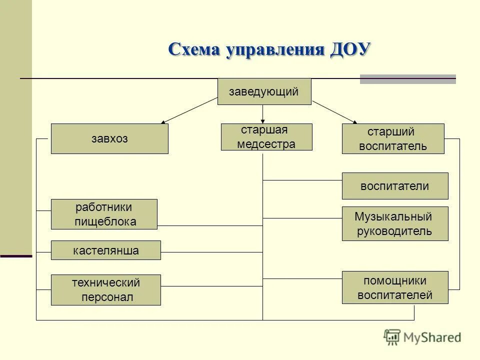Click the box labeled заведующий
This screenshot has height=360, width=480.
264,91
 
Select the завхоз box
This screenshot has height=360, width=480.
109,139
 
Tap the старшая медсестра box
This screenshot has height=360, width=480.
266,137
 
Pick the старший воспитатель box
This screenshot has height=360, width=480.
393,138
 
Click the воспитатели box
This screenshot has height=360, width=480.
395,186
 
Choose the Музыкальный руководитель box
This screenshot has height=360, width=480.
395,224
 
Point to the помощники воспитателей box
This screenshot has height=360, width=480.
395,287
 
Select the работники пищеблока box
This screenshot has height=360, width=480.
104,214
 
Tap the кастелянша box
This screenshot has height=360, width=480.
106,250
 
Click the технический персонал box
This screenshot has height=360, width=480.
106,290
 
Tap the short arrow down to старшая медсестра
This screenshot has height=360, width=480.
263,114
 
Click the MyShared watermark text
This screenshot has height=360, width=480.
432,337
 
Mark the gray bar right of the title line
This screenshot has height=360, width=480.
408,79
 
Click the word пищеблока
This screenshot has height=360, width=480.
105,222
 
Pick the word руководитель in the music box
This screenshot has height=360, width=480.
395,231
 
